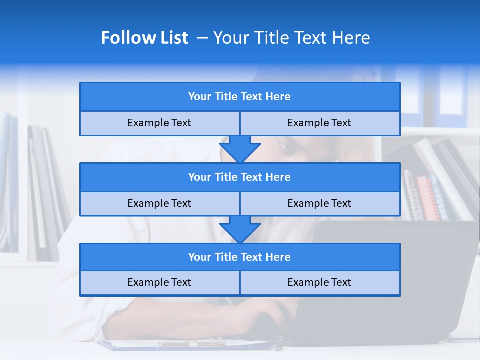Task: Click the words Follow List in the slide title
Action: click(x=144, y=38)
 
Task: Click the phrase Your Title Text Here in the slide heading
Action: click(x=291, y=38)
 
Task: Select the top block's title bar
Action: click(x=240, y=97)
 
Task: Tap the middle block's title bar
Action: click(x=240, y=177)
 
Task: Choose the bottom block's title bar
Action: click(x=240, y=257)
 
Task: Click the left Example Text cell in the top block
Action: click(x=159, y=123)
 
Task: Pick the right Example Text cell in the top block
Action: click(x=319, y=123)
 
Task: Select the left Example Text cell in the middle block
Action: click(x=159, y=203)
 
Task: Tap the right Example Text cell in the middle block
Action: click(x=319, y=203)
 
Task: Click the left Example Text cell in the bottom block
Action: click(x=159, y=282)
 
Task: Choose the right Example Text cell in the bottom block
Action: click(x=319, y=282)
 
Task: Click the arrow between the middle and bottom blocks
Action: click(x=240, y=229)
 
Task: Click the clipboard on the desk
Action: click(x=190, y=344)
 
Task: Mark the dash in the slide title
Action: click(x=202, y=38)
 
